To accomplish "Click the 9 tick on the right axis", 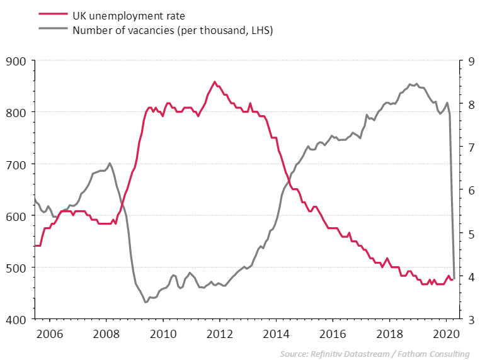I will (x=467, y=61).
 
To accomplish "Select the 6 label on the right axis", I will (x=467, y=191).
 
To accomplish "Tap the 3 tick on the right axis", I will (x=467, y=320).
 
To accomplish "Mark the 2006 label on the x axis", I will (x=50, y=333).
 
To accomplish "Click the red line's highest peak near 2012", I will (x=215, y=81).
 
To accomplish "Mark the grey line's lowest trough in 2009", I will (x=146, y=302).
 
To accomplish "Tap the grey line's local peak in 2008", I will (x=110, y=163).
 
